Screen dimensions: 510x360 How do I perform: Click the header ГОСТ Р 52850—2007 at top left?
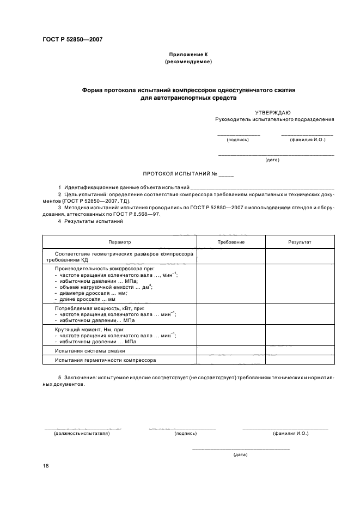coord(72,40)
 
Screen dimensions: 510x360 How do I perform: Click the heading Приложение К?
coord(187,54)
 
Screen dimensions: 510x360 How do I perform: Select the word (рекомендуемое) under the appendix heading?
coord(188,62)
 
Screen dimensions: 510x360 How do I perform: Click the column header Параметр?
coord(119,241)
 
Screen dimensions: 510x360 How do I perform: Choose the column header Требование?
coord(231,241)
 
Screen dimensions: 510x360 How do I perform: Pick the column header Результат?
coord(300,241)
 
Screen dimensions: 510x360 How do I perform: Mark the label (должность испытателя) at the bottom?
coord(82,433)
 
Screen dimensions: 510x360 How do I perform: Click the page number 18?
coord(46,465)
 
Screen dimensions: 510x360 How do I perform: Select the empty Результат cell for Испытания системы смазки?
coord(300,351)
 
